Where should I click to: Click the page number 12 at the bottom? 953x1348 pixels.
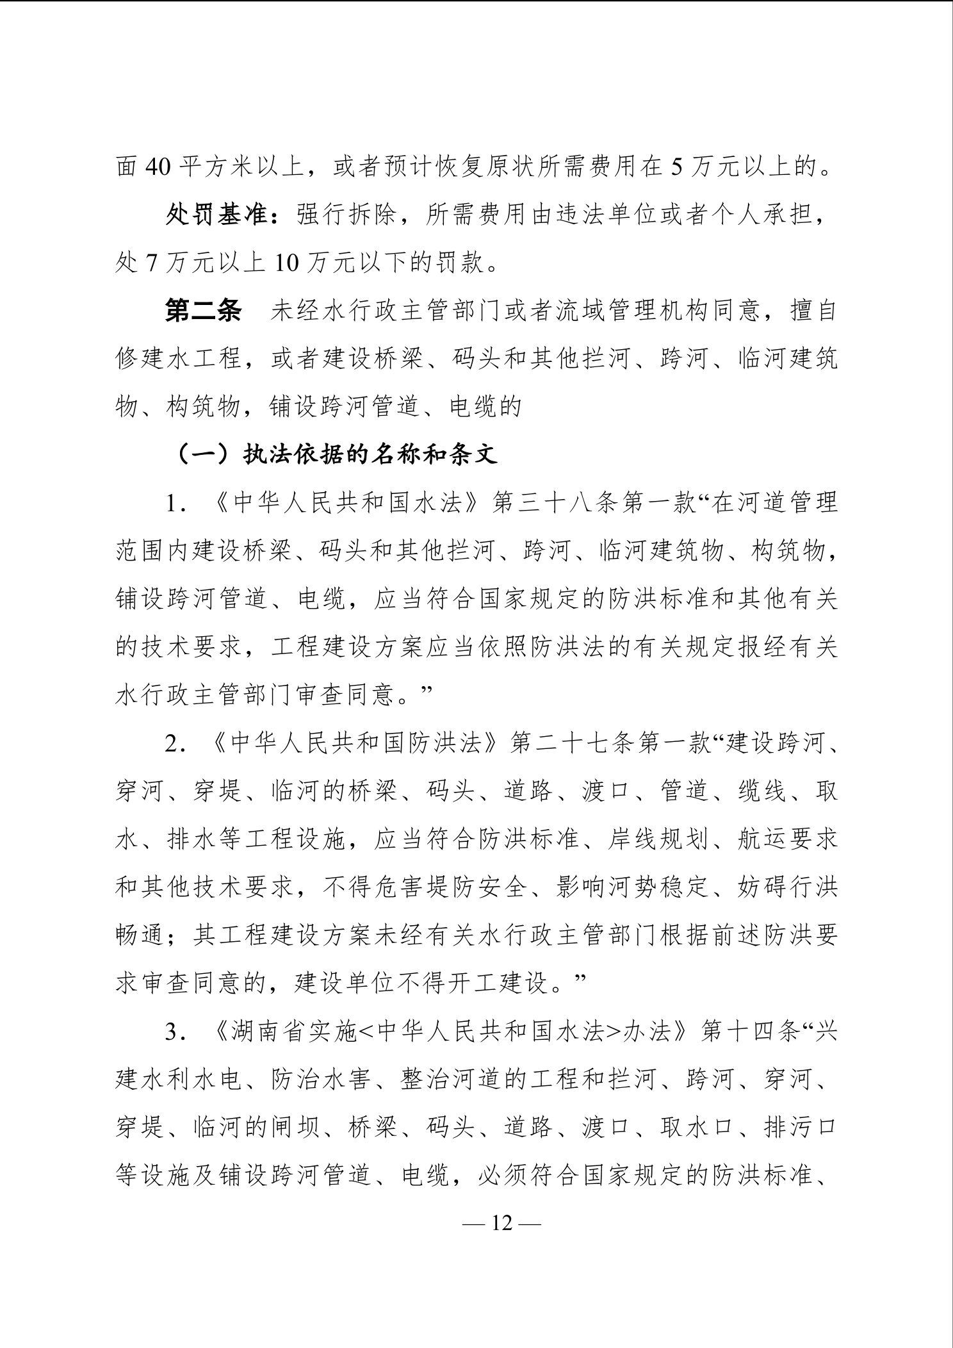point(503,1223)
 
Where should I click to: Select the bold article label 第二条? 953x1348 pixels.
point(204,311)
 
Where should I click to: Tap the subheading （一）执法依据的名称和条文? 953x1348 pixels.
point(336,454)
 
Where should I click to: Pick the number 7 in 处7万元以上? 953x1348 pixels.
point(151,263)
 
